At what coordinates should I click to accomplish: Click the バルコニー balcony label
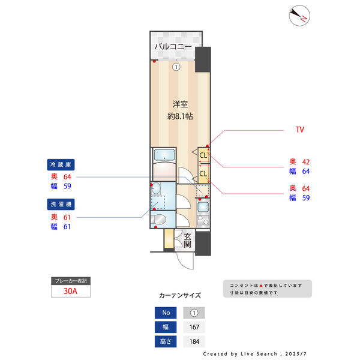(x=173, y=46)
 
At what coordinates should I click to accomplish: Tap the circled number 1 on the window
(x=176, y=67)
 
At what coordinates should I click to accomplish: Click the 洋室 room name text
(x=179, y=104)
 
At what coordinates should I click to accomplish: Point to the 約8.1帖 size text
(x=179, y=116)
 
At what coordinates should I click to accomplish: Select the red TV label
(x=300, y=130)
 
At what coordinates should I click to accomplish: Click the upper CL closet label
(x=203, y=156)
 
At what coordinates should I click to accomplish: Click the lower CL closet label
(x=203, y=174)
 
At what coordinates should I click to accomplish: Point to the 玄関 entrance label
(x=187, y=240)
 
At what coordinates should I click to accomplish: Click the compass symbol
(x=298, y=16)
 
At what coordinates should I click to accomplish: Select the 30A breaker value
(x=71, y=292)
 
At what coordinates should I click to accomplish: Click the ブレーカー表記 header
(x=71, y=281)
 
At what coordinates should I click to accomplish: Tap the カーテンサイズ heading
(x=179, y=295)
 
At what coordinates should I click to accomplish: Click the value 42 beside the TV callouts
(x=305, y=161)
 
